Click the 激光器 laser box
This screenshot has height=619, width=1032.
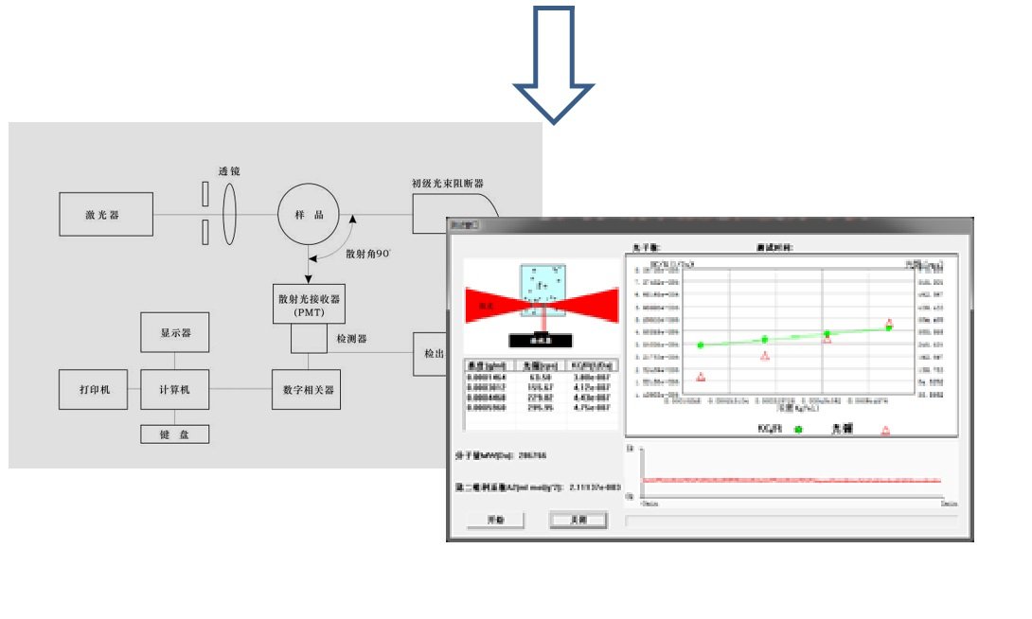(106, 215)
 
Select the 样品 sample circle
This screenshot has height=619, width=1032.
(308, 215)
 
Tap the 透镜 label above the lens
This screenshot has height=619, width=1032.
(229, 171)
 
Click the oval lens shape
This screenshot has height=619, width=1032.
(229, 215)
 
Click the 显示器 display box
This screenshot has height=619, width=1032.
(175, 333)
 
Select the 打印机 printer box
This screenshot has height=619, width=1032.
(93, 389)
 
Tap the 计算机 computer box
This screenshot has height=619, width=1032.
(175, 389)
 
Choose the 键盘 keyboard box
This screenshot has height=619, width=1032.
(175, 434)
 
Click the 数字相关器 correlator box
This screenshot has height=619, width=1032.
(307, 389)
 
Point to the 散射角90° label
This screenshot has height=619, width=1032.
(367, 254)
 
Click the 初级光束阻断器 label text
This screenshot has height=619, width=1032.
(447, 184)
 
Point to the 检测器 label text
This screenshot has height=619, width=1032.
(351, 338)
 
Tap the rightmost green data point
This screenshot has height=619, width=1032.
(889, 327)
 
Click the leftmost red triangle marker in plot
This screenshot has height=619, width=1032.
(701, 377)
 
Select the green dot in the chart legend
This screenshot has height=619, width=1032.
(798, 430)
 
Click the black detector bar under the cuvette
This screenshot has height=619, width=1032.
(541, 340)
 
